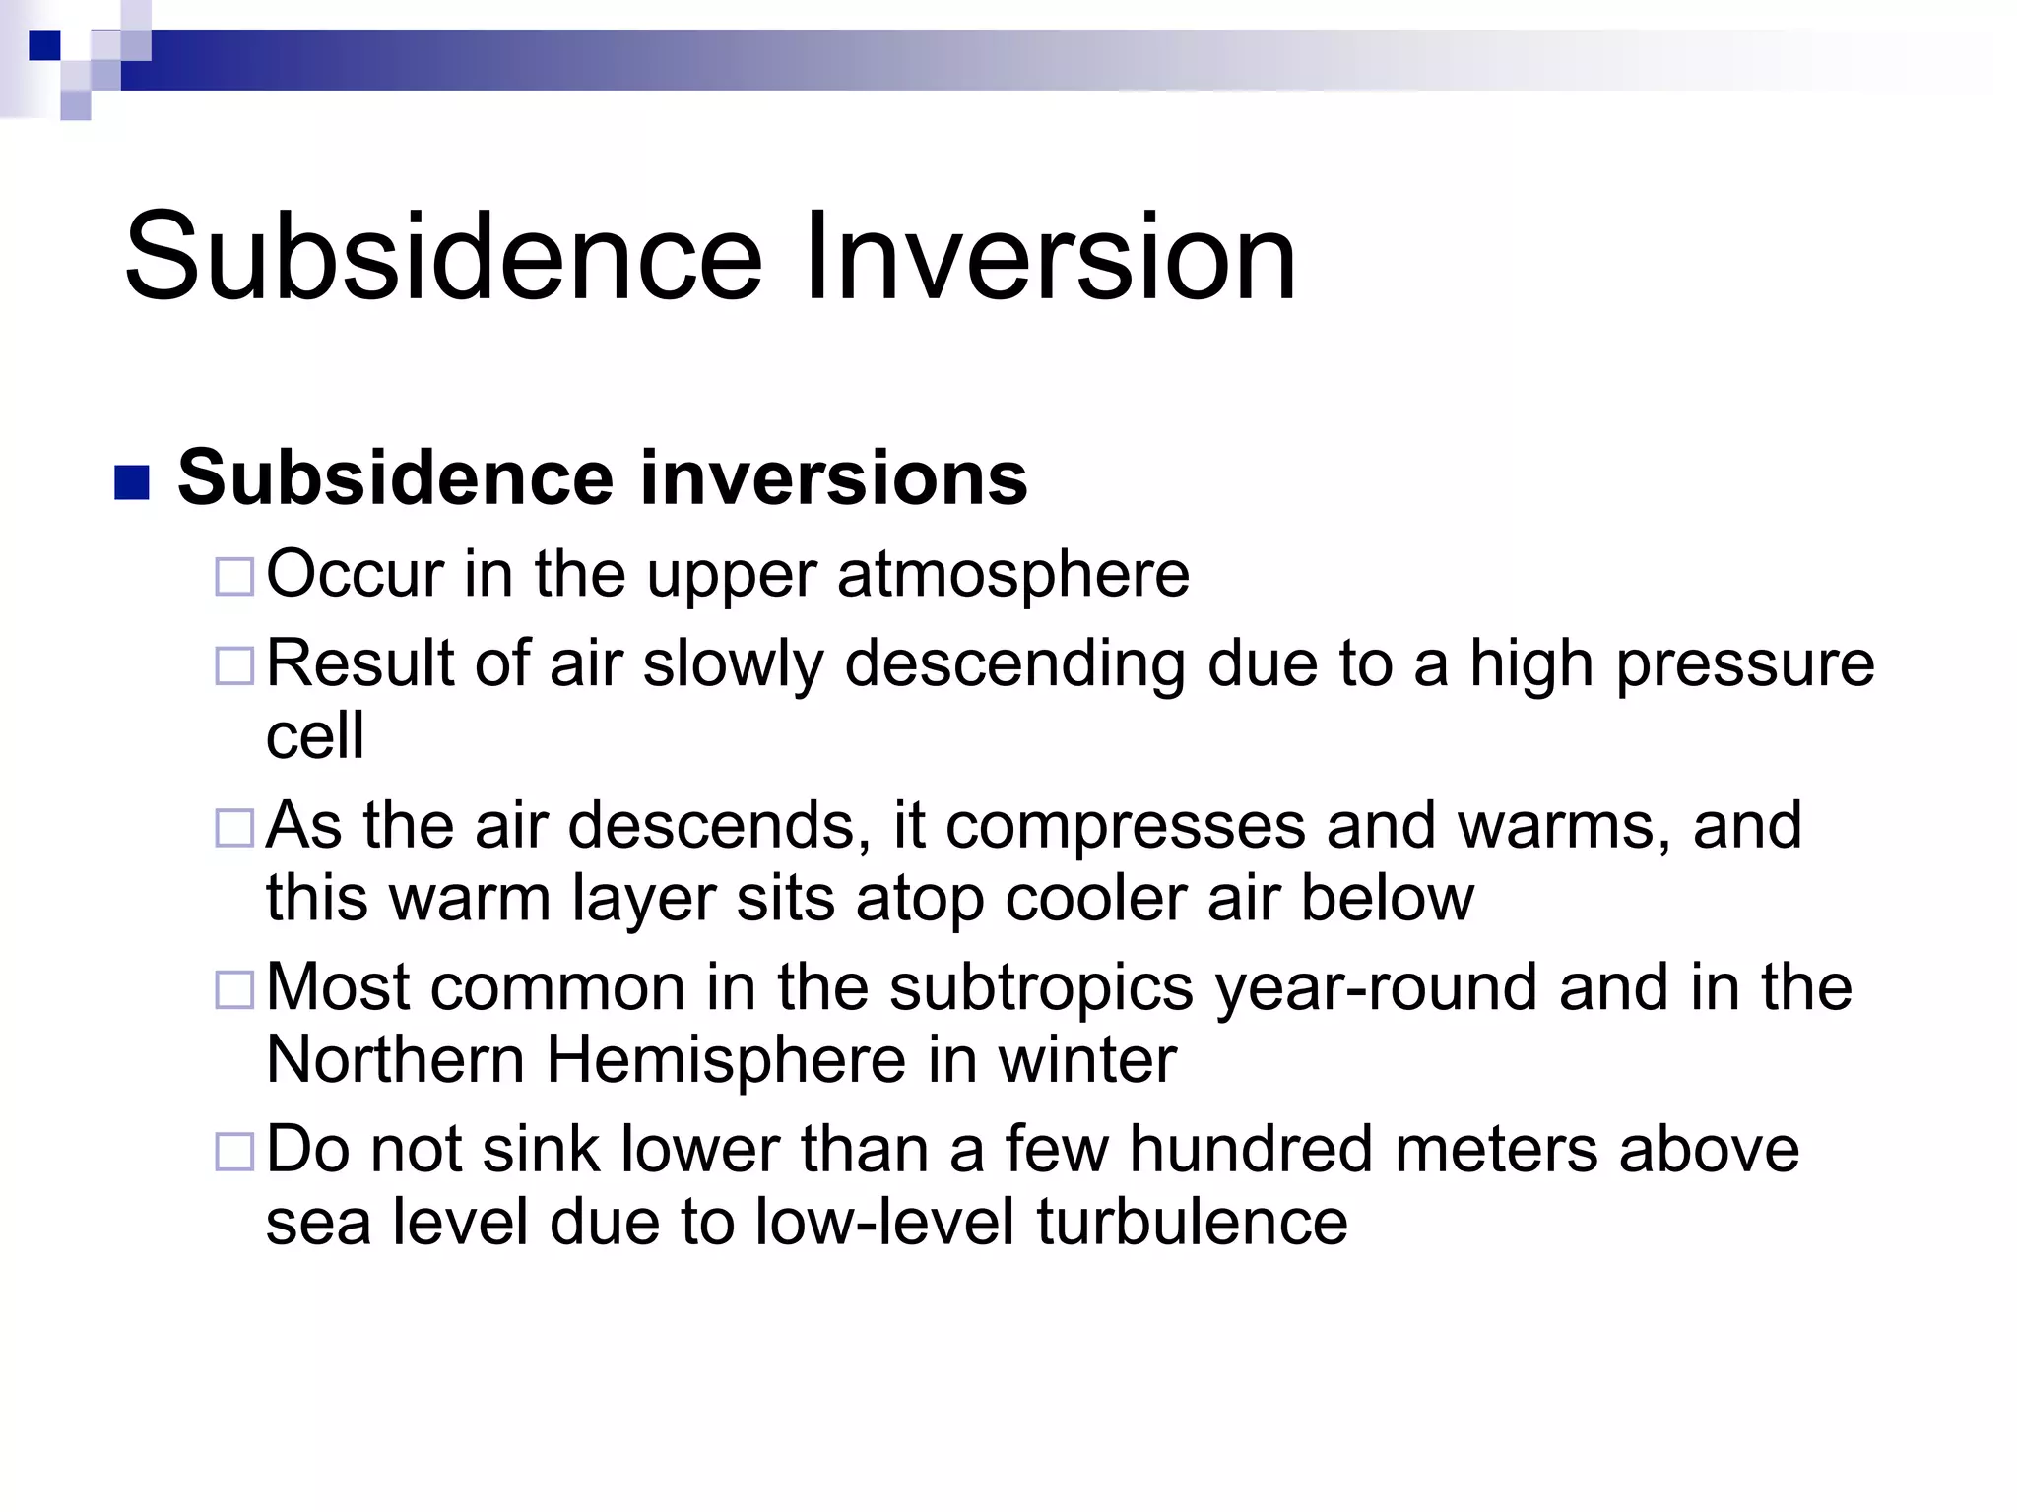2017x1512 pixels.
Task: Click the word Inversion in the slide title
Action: [x=1050, y=258]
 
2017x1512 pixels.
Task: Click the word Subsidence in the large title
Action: [x=443, y=258]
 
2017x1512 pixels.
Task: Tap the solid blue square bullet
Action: [x=132, y=482]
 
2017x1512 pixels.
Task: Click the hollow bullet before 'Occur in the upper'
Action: [x=235, y=576]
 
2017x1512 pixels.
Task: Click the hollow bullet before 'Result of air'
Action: [x=235, y=666]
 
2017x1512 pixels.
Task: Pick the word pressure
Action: [x=1745, y=664]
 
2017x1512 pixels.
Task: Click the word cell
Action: [x=315, y=736]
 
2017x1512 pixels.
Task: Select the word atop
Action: [x=920, y=898]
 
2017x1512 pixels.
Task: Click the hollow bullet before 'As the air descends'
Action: [x=235, y=828]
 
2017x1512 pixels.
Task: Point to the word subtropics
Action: [x=1041, y=988]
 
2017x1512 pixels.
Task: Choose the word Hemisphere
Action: [x=726, y=1060]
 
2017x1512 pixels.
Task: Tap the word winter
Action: [x=1087, y=1060]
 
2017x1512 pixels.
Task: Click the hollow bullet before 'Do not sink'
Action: [x=235, y=1151]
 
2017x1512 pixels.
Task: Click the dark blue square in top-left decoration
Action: [x=44, y=45]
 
